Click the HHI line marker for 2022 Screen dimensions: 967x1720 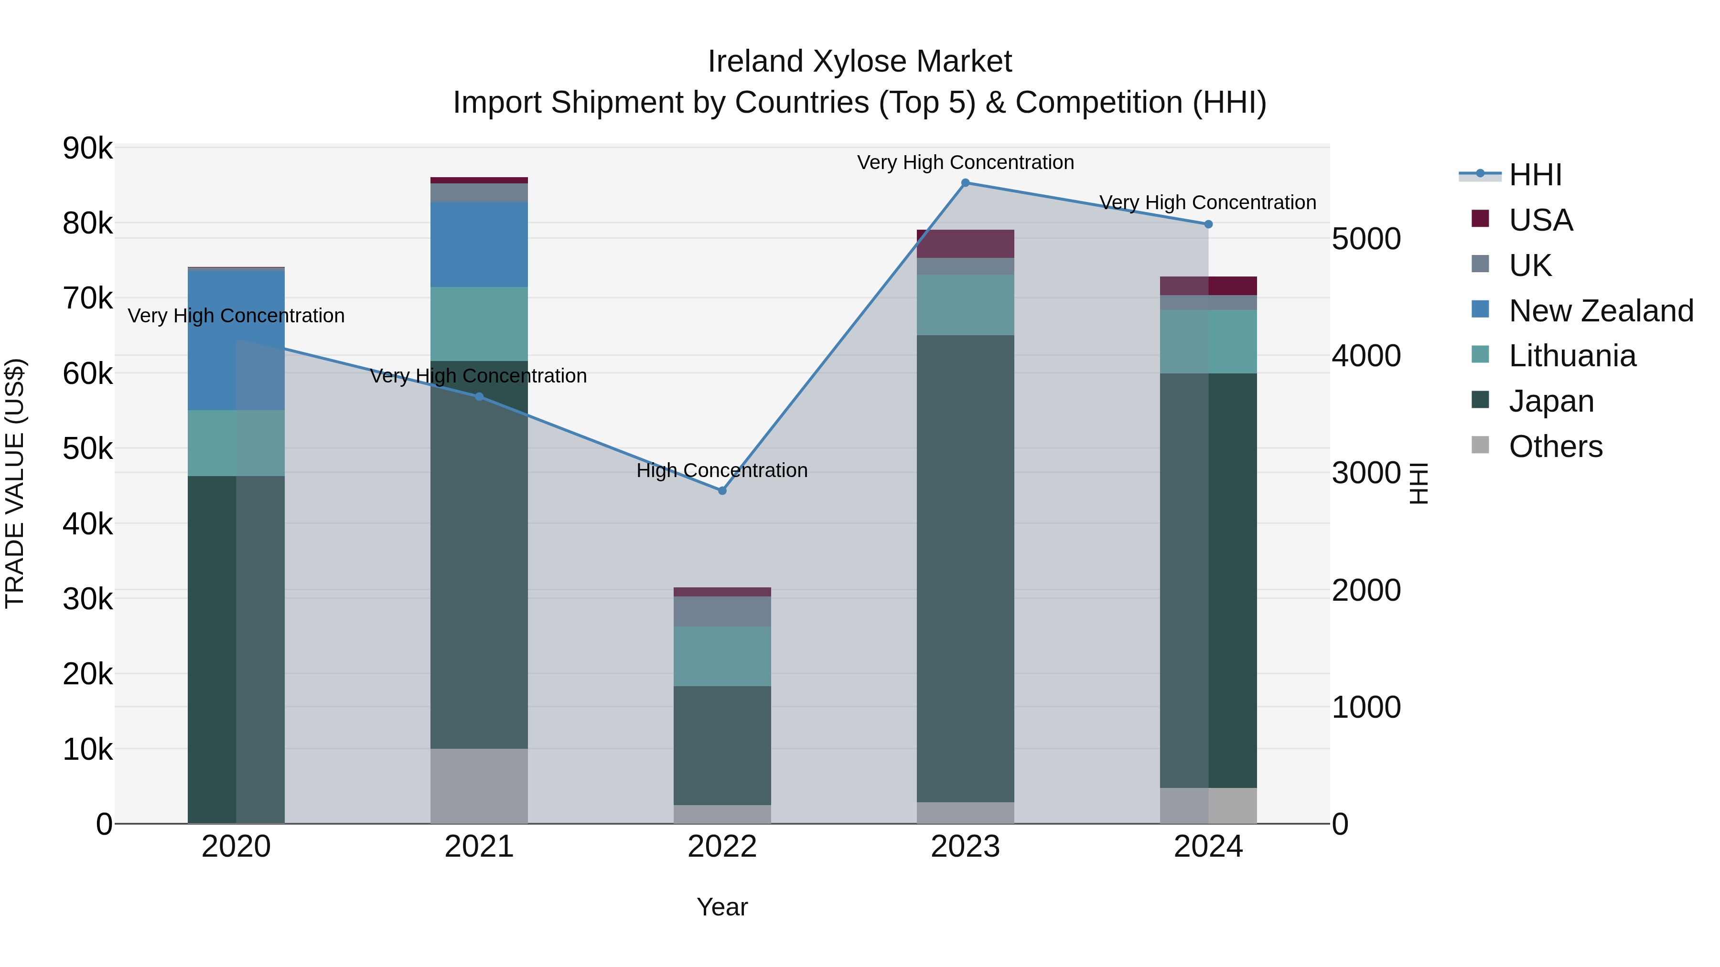pyautogui.click(x=722, y=490)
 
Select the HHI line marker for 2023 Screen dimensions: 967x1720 pyautogui.click(x=965, y=183)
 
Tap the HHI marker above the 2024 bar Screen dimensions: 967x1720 pyautogui.click(x=1208, y=224)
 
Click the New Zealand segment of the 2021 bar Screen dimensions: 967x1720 pyautogui.click(x=479, y=244)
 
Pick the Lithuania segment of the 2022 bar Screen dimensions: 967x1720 pyautogui.click(x=722, y=656)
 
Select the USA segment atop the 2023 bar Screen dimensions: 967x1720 pyautogui.click(x=965, y=244)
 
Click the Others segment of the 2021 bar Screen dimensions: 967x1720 pyautogui.click(x=479, y=786)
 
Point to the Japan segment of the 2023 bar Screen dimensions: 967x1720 pyautogui.click(x=965, y=567)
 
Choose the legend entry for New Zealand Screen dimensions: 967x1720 pyautogui.click(x=1601, y=311)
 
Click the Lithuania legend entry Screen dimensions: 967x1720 pyautogui.click(x=1572, y=356)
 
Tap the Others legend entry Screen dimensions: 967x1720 pyautogui.click(x=1555, y=446)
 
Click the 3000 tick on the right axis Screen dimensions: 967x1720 pyautogui.click(x=1365, y=473)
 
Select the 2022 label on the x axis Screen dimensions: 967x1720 pyautogui.click(x=722, y=847)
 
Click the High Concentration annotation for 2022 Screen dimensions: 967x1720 pyautogui.click(x=722, y=470)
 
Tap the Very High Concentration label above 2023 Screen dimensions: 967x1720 pyautogui.click(x=965, y=162)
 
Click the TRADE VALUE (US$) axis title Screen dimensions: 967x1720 pyautogui.click(x=15, y=483)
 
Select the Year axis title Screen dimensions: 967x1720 pyautogui.click(x=722, y=907)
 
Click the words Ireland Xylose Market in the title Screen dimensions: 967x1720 pyautogui.click(x=860, y=62)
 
